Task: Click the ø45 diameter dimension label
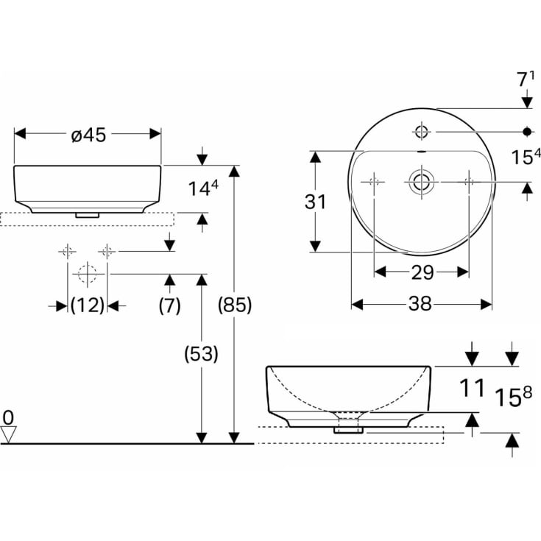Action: (x=88, y=134)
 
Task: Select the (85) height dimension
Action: (x=235, y=305)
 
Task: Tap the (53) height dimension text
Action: (x=201, y=354)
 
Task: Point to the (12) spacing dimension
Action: (x=88, y=306)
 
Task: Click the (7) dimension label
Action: (x=170, y=306)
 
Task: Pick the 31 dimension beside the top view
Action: (x=315, y=202)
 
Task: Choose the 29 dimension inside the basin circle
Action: (x=422, y=272)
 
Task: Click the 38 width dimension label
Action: (x=422, y=304)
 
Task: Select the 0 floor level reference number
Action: (x=8, y=417)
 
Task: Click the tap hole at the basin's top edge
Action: (x=422, y=132)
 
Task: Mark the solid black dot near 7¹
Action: (x=527, y=132)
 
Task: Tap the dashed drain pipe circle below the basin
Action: (x=88, y=274)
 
